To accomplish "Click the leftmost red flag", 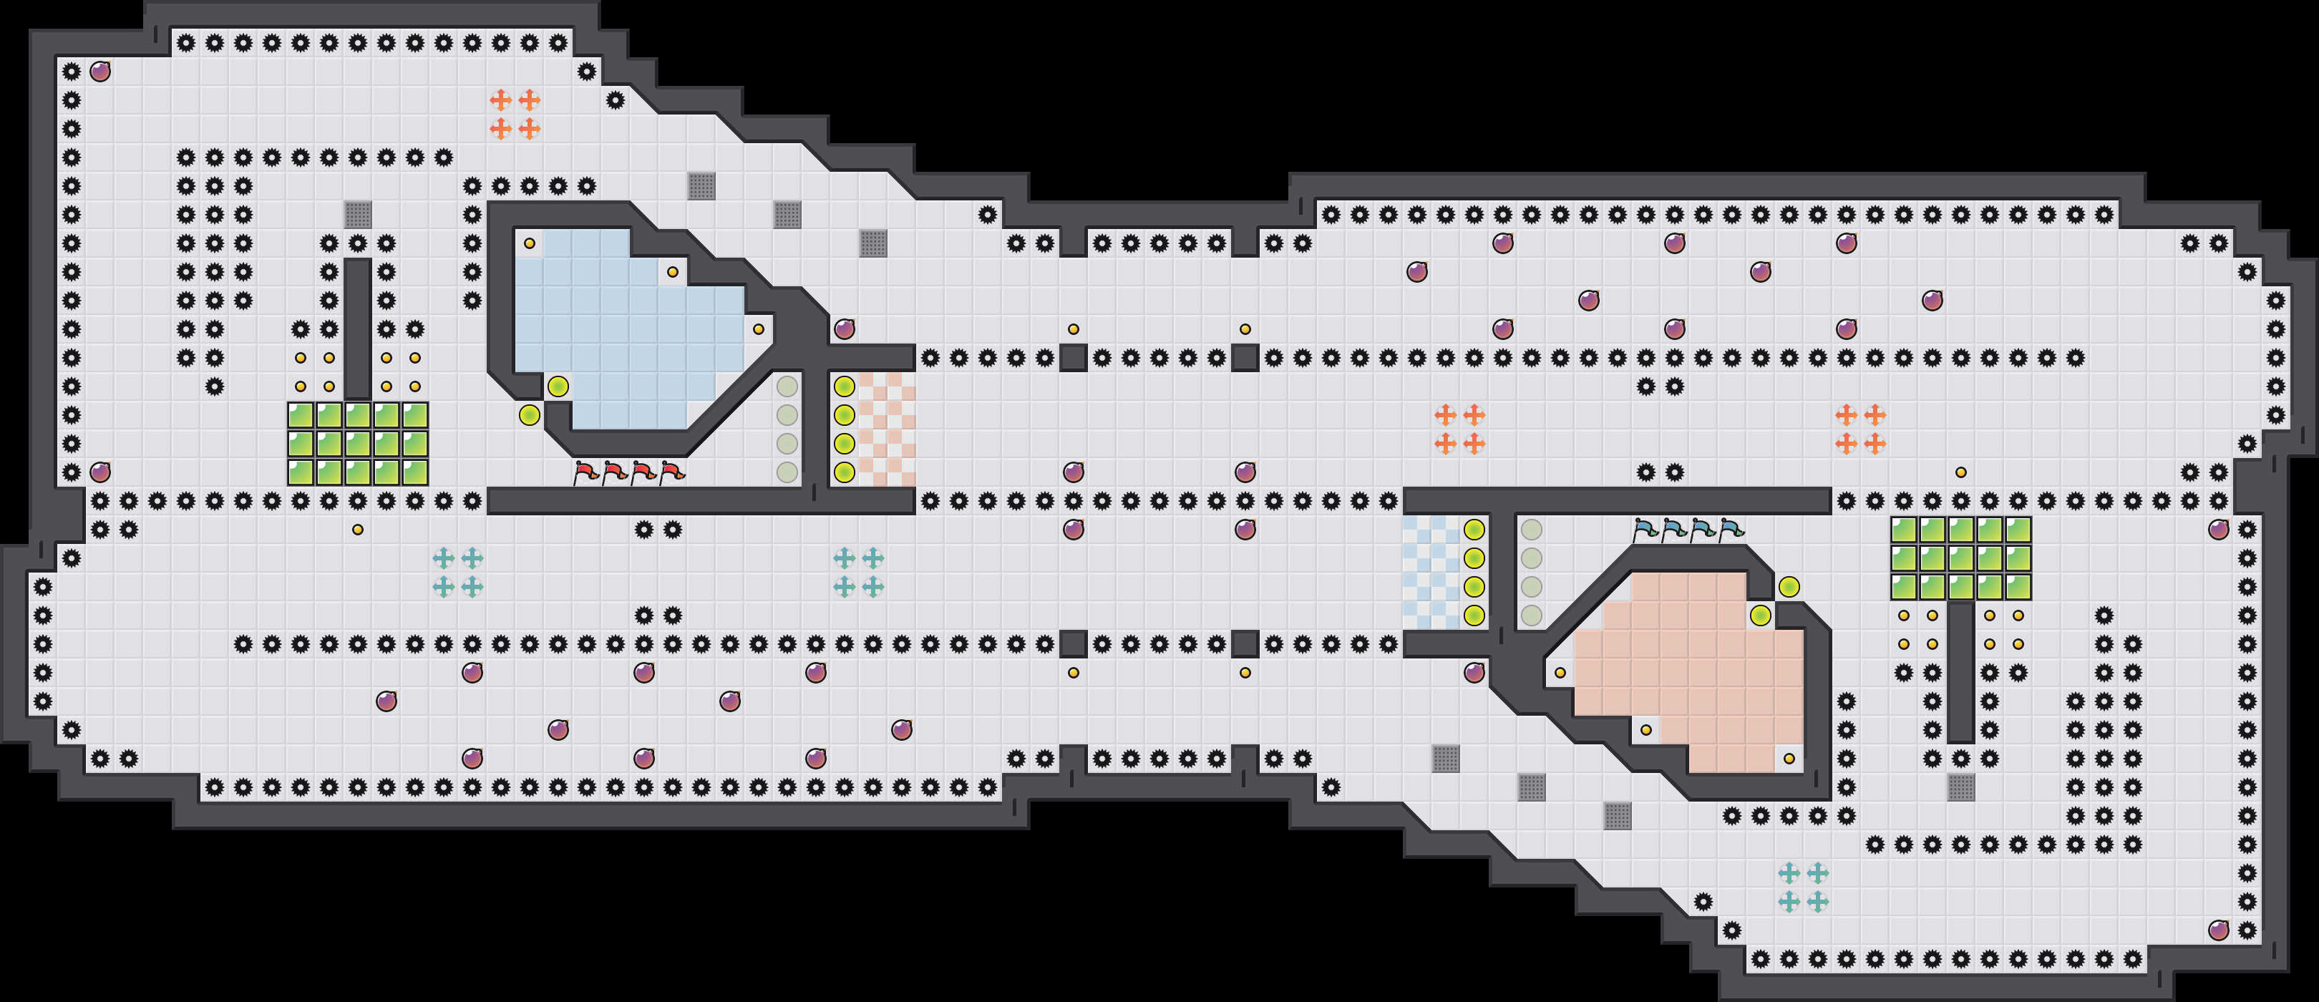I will point(586,472).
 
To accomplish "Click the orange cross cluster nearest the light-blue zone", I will point(515,115).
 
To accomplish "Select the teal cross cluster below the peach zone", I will point(1803,887).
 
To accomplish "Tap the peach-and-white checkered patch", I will point(887,429).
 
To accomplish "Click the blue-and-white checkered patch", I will point(1431,573).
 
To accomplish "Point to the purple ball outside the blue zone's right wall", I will point(845,329).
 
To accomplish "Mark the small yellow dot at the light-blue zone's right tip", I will point(759,329).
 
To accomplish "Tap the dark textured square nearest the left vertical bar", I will point(357,214).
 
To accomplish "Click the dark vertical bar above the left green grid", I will point(357,329).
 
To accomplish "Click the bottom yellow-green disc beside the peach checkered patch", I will point(845,472).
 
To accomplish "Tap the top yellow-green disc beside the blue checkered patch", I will point(1474,530).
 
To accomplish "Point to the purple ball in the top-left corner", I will point(100,71).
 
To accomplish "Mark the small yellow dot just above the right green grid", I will point(1960,472).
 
